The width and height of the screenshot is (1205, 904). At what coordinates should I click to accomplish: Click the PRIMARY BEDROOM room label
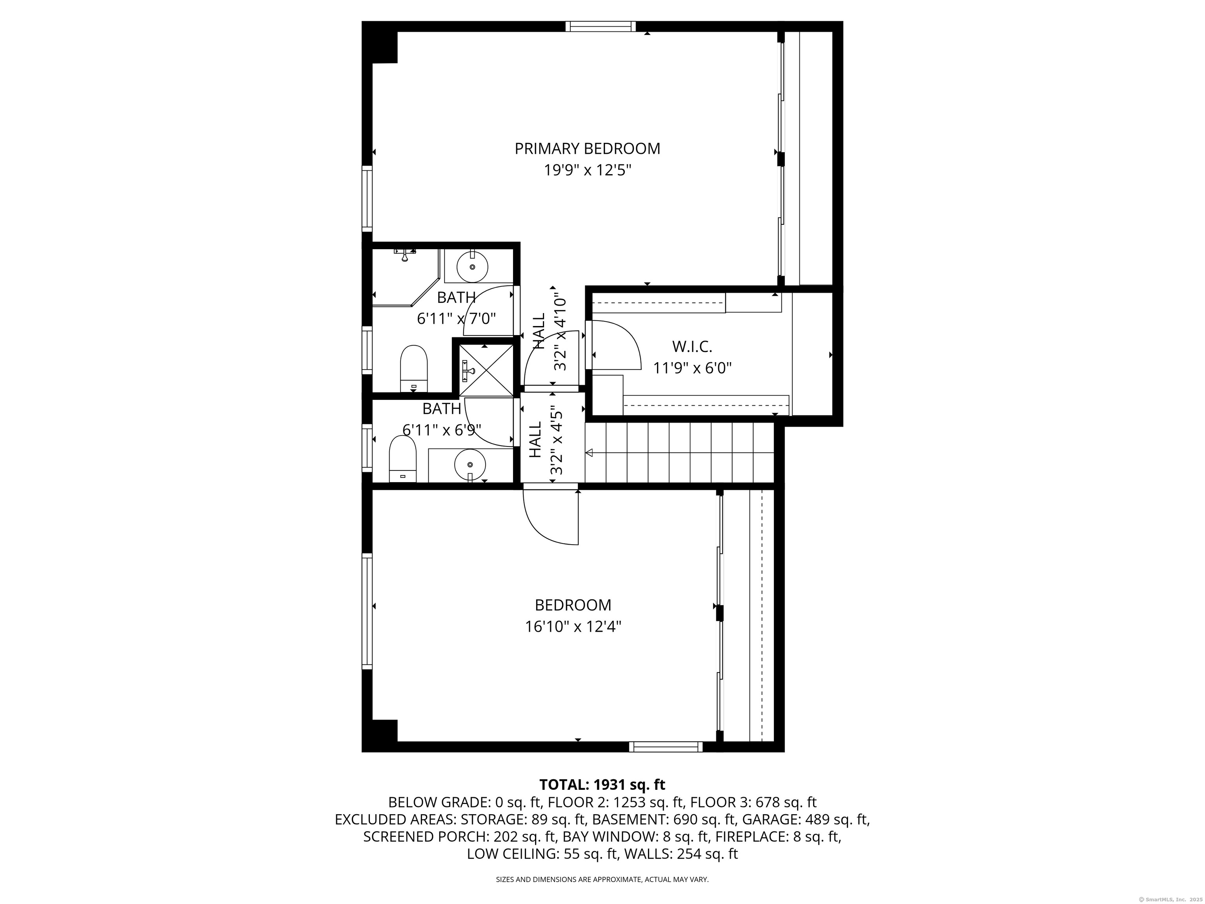pyautogui.click(x=587, y=149)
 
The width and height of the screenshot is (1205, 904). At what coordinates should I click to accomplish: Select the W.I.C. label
pyautogui.click(x=692, y=346)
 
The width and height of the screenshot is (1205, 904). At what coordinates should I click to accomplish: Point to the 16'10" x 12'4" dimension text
pyautogui.click(x=573, y=627)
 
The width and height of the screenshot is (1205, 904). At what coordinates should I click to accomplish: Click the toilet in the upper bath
pyautogui.click(x=413, y=368)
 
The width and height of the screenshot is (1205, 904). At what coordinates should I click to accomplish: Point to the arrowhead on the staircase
pyautogui.click(x=589, y=452)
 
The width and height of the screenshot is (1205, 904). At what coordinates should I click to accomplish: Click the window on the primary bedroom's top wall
pyautogui.click(x=600, y=26)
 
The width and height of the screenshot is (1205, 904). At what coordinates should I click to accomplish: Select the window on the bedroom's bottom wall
pyautogui.click(x=666, y=747)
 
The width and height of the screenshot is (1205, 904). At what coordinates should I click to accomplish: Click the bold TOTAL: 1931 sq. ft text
pyautogui.click(x=602, y=785)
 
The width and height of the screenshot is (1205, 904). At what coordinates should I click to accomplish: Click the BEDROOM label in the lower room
pyautogui.click(x=573, y=605)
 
